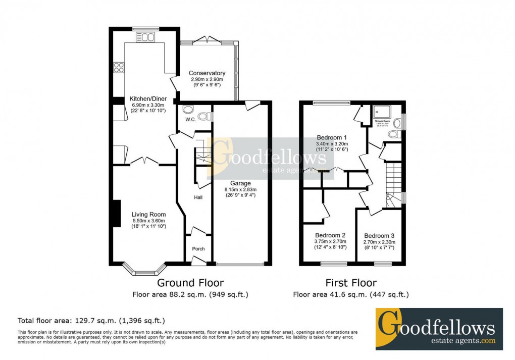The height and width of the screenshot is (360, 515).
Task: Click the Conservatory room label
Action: click(207, 73)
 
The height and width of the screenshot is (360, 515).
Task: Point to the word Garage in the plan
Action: click(240, 183)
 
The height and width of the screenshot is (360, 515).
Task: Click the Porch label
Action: click(198, 249)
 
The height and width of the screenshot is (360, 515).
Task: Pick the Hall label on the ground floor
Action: click(198, 197)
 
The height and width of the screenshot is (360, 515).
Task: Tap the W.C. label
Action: click(190, 120)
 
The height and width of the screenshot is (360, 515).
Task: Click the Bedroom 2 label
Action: click(330, 235)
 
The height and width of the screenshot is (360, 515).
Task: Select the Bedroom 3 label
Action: click(379, 236)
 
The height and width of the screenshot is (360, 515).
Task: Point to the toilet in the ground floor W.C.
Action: click(204, 117)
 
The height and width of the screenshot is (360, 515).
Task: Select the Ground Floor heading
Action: click(190, 283)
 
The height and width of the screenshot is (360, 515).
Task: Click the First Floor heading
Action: click(351, 283)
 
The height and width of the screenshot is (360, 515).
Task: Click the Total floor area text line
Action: click(91, 321)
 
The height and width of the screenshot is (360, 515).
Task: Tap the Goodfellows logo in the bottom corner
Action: click(439, 328)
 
